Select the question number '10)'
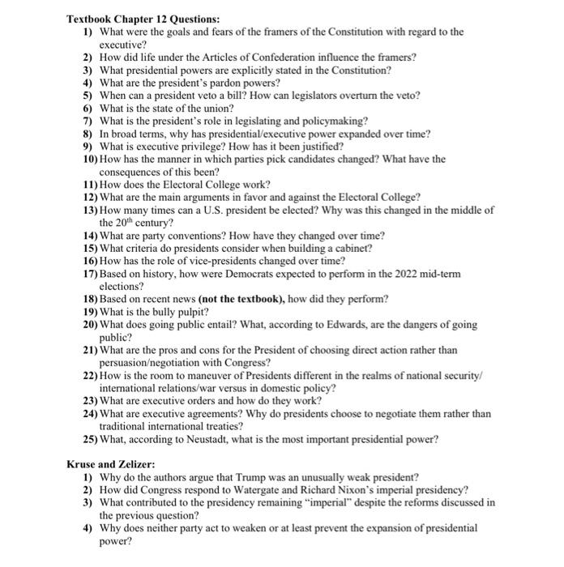tap(90, 160)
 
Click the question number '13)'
tap(90, 210)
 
